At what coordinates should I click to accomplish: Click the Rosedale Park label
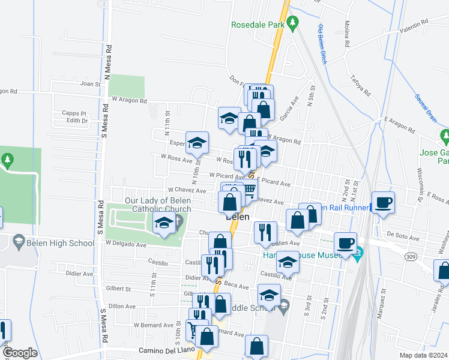(x=258, y=25)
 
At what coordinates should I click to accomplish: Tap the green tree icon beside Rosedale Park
(x=293, y=24)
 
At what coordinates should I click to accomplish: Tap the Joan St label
(x=92, y=85)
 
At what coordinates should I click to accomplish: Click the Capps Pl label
(x=74, y=113)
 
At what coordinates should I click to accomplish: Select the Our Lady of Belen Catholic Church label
(x=158, y=205)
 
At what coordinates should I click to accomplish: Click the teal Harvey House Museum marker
(x=359, y=252)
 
